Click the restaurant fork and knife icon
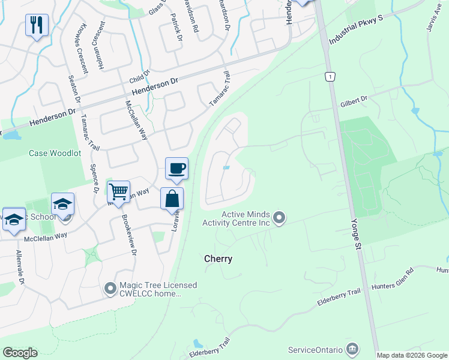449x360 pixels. tap(37, 25)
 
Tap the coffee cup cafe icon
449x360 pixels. tap(176, 169)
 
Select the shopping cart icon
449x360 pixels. tap(119, 193)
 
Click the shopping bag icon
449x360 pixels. tap(172, 199)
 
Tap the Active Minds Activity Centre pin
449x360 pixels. tap(279, 218)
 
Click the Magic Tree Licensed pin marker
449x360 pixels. tap(110, 289)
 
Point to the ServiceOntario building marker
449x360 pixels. tap(353, 349)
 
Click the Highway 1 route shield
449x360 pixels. tap(330, 77)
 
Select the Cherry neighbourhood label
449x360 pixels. tap(218, 259)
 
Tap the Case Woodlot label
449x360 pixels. tap(55, 153)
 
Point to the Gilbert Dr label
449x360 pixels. tap(354, 104)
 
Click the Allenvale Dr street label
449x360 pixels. tap(22, 268)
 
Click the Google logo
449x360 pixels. tap(20, 353)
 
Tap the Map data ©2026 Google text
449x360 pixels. tap(412, 355)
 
